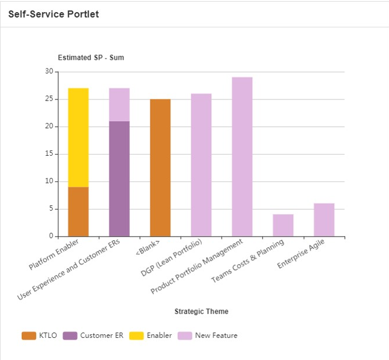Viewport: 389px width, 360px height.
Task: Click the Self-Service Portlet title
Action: (x=53, y=14)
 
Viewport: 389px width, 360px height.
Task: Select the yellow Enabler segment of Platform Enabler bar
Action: (x=78, y=137)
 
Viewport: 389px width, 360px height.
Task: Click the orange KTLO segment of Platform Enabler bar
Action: (x=78, y=211)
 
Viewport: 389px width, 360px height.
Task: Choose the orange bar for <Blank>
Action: (x=160, y=168)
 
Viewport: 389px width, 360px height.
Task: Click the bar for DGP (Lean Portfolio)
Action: (x=201, y=165)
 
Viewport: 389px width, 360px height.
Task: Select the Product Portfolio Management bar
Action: (x=242, y=157)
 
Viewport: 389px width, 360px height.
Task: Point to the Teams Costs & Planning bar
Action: (x=283, y=225)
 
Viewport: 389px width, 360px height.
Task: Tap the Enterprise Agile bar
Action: (x=323, y=220)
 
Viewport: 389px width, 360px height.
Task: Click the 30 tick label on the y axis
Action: (x=49, y=71)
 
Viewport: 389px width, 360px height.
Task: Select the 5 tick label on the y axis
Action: (x=51, y=209)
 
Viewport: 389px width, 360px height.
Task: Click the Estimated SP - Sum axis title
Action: (x=91, y=57)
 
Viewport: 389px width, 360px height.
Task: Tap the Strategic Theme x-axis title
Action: (x=201, y=311)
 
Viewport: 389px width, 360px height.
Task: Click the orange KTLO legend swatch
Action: (x=29, y=335)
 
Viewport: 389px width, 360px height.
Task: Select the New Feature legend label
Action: (x=216, y=335)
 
